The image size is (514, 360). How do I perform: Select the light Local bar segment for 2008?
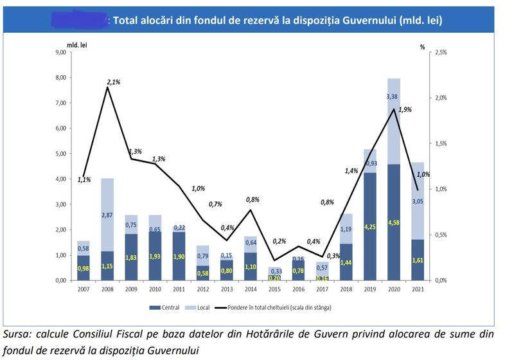pos(108,215)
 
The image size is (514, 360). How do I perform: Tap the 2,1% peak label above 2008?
pos(114,82)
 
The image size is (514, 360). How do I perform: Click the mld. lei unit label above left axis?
pos(77,44)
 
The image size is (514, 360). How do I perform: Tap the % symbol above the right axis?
pos(423,46)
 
